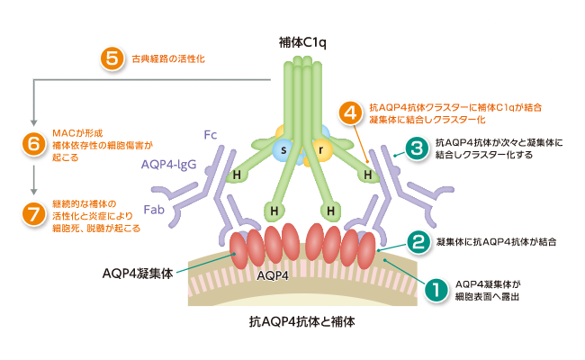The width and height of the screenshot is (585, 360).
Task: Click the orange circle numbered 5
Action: click(x=112, y=59)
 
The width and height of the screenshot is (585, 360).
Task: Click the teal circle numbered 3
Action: click(x=415, y=148)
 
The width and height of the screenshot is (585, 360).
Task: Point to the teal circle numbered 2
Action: click(x=417, y=241)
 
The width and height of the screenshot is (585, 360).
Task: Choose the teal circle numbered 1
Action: click(x=436, y=290)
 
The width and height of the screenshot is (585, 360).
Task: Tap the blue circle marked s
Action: click(x=286, y=147)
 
